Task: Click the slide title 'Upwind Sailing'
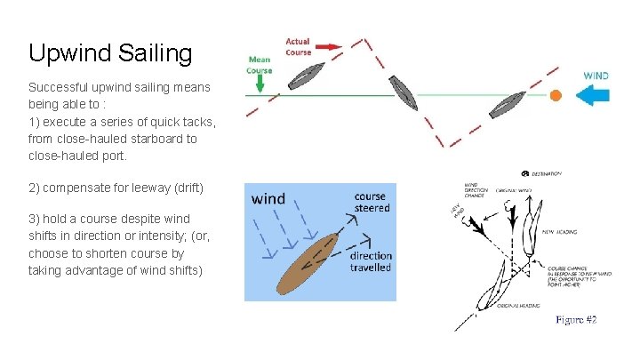(110, 54)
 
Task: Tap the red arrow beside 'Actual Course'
(328, 46)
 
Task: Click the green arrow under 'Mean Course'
(259, 83)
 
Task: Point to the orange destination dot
(556, 94)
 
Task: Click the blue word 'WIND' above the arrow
(596, 76)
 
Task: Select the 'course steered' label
(371, 202)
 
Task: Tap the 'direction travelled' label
(371, 261)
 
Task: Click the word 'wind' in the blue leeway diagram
(268, 198)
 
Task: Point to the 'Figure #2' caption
(576, 319)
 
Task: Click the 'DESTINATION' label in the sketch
(546, 172)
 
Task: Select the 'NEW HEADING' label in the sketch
(559, 232)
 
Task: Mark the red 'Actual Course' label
(299, 46)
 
